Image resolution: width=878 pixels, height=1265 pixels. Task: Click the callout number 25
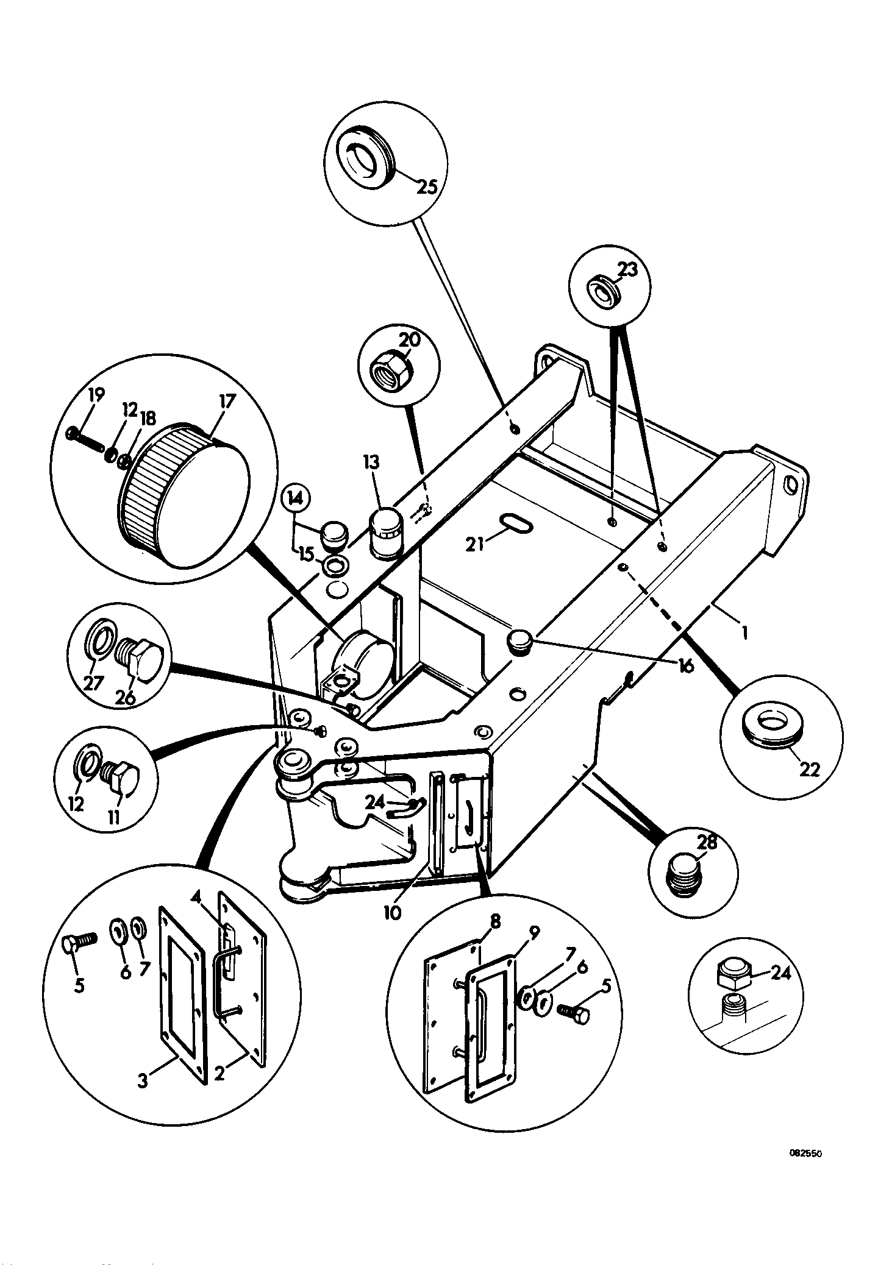pos(427,186)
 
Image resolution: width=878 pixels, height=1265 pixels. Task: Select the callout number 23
pos(627,269)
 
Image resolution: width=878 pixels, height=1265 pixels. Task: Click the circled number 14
pos(296,499)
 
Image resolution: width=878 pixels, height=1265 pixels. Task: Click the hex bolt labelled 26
pos(140,659)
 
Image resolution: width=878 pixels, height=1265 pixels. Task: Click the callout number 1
pos(744,632)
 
